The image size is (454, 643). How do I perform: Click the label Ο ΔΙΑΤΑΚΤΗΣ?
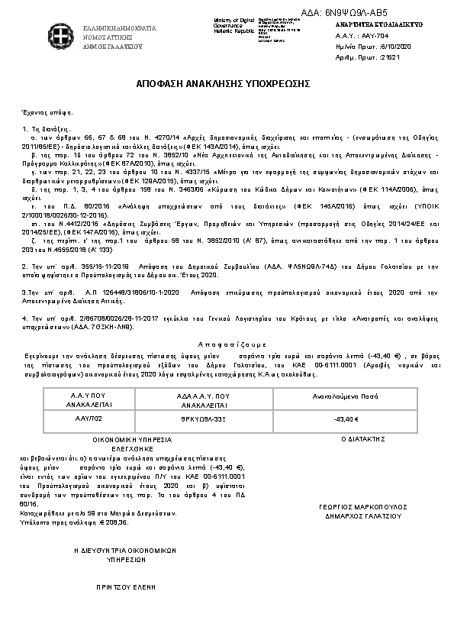352,440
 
